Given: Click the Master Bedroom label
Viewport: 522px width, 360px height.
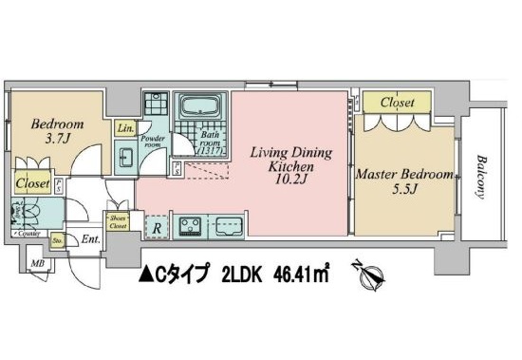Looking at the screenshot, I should (x=402, y=175).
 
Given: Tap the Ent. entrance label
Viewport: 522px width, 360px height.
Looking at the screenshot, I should (x=92, y=241).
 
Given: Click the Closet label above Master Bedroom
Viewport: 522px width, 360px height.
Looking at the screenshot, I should (x=399, y=101).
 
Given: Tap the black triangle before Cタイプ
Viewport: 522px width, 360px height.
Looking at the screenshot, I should (x=146, y=276).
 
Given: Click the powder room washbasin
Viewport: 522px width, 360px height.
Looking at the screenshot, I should (x=125, y=156).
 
